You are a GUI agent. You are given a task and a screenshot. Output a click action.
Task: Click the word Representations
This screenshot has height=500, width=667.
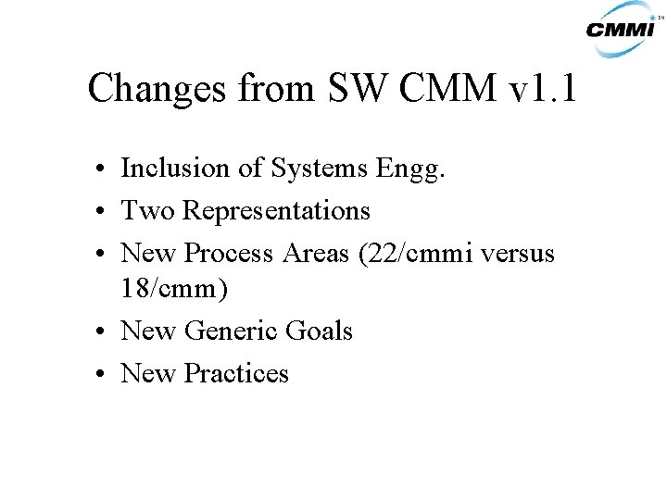tap(276, 212)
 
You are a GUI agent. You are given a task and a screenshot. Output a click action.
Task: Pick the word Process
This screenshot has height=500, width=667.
tap(229, 253)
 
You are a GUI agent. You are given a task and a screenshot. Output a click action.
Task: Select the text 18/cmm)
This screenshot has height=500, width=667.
tap(173, 288)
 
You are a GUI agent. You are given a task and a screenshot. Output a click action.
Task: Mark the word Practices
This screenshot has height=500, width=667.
tap(236, 373)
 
